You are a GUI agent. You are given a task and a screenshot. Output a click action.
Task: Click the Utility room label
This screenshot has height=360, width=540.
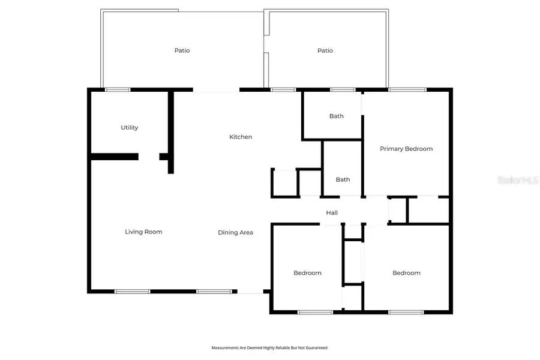coord(130,128)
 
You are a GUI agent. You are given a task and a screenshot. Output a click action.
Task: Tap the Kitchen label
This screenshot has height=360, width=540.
coord(241,137)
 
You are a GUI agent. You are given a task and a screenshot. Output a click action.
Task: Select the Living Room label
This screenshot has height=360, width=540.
coord(143,232)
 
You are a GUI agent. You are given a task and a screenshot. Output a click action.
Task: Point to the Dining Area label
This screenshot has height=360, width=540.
coord(235,232)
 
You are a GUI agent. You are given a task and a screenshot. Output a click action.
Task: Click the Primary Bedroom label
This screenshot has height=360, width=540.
coord(406,149)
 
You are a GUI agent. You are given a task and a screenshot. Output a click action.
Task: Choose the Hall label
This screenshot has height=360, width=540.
coord(332,212)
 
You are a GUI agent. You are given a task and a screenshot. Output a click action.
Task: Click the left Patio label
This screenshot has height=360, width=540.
coord(182,50)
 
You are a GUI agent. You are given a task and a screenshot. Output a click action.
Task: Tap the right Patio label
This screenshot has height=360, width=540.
coord(325,50)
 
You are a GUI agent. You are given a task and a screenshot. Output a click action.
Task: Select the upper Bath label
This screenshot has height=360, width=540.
coord(337,116)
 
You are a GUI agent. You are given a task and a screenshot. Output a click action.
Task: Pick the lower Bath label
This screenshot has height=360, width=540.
coord(343,179)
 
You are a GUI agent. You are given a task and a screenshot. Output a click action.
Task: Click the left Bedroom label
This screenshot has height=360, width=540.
coord(307,273)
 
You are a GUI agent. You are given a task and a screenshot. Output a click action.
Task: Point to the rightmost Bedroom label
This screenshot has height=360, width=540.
coord(406,273)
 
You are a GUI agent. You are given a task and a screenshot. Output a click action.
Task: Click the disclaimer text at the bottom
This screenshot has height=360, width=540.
coord(269,347)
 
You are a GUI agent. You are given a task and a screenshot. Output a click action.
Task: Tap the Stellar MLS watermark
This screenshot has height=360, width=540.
coord(522,179)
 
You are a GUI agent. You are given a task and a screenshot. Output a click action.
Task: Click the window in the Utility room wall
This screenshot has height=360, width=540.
coord(118,90)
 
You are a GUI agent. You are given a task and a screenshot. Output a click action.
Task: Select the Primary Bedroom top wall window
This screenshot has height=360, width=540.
coord(407,90)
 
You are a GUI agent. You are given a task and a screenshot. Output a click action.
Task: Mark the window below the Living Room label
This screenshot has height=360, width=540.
coord(133,292)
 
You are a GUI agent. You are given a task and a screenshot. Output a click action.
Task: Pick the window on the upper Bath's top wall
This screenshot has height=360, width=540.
coord(343,90)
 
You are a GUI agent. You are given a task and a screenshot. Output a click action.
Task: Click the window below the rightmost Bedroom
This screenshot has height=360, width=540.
coord(406,312)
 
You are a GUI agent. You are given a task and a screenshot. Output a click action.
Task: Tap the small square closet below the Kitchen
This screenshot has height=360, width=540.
coord(285,183)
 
